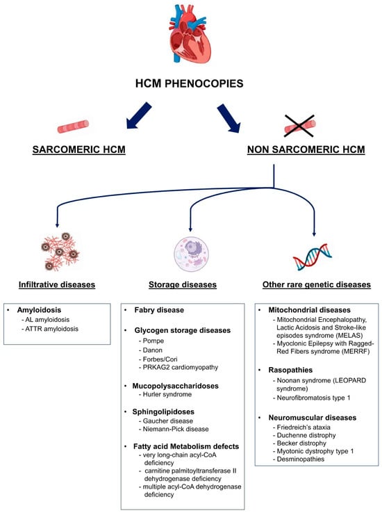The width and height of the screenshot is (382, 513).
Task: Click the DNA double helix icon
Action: coord(314,255)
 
